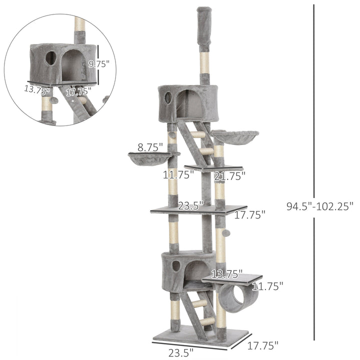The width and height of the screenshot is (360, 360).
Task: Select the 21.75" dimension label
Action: (x=229, y=175)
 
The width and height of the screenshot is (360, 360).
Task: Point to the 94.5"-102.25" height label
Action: (x=320, y=205)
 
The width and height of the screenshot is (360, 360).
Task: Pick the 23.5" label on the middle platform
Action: (x=190, y=205)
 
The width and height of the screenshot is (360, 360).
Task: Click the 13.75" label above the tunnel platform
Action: (x=226, y=274)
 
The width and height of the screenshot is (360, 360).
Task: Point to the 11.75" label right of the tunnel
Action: (x=267, y=286)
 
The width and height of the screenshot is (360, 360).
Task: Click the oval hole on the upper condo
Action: (x=168, y=97)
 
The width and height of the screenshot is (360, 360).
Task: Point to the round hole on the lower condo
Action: (x=176, y=265)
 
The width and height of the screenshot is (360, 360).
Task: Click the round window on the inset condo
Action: (x=51, y=57)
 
